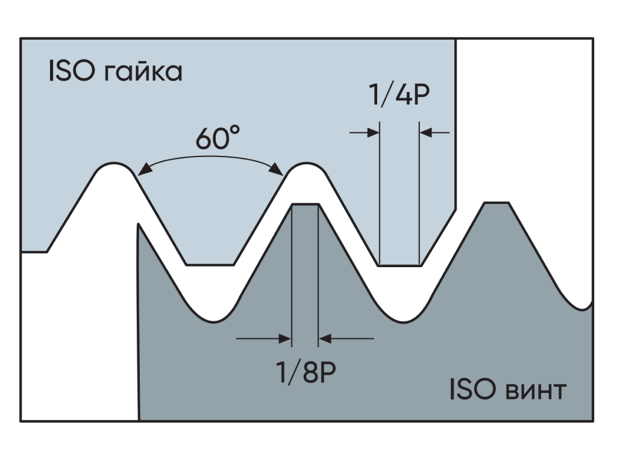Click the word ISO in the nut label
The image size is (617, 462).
point(72,71)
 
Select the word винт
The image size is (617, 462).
point(536,390)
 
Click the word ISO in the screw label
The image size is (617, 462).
point(472,389)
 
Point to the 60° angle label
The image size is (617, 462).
point(218,138)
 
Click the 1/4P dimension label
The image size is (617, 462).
point(399,94)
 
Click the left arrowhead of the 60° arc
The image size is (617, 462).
point(145,169)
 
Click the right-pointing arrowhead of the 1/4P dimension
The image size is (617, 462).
point(374,133)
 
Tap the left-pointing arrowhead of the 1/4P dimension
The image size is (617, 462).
point(426,133)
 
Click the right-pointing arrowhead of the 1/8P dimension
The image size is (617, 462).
point(285,339)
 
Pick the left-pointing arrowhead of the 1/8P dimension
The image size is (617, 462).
point(325,339)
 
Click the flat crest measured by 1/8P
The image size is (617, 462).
point(305,205)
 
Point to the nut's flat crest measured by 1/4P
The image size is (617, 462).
point(399,266)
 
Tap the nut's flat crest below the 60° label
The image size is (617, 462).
point(210,265)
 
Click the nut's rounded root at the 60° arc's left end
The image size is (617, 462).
point(114,164)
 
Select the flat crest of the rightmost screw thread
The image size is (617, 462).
point(496,203)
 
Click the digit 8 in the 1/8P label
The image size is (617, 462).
point(310,372)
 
